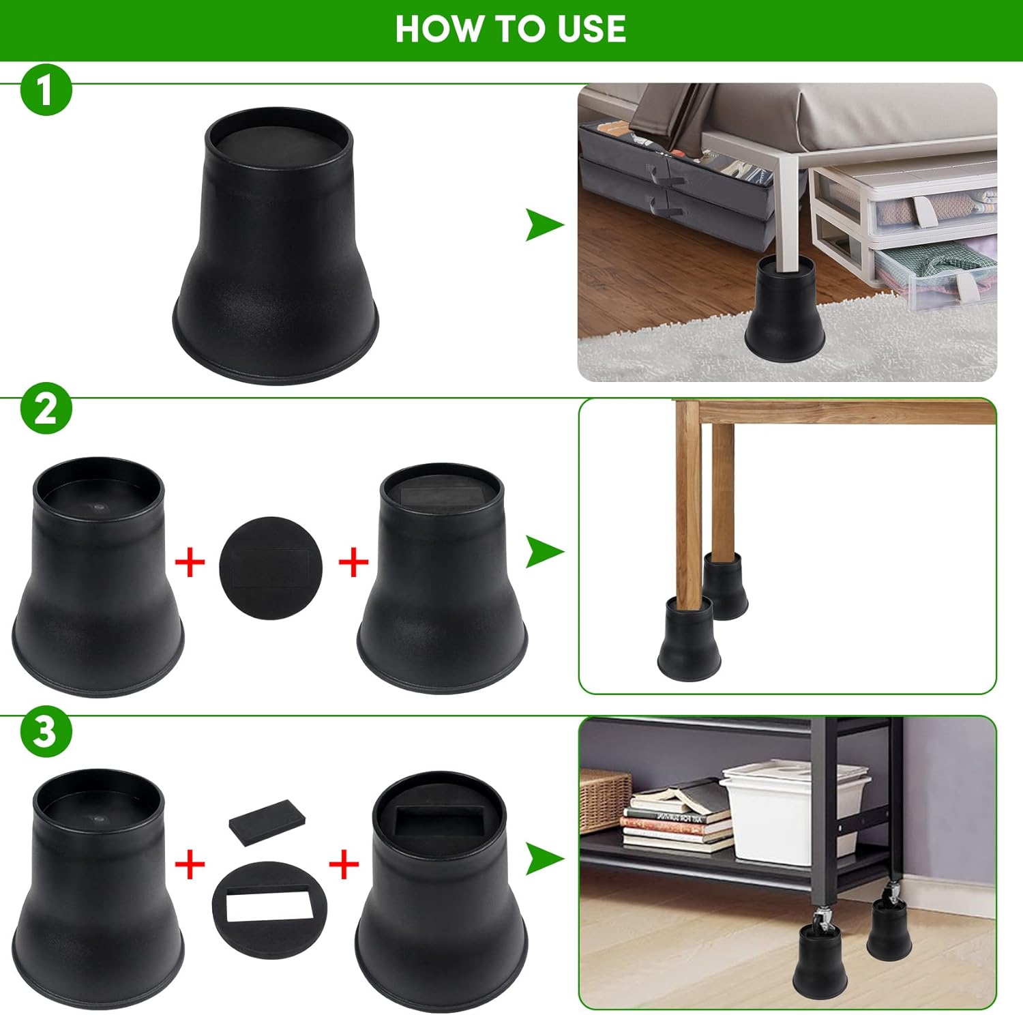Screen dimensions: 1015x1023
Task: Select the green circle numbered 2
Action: pos(45,409)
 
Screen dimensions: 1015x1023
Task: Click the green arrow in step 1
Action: pos(544,225)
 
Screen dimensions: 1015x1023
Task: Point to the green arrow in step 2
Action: pos(544,551)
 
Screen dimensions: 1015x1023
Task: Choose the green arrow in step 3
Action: pos(544,858)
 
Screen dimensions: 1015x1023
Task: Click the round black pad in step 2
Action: pos(270,568)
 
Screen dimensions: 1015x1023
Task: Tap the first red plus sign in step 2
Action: pos(190,563)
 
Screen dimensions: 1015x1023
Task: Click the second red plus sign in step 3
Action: pos(344,865)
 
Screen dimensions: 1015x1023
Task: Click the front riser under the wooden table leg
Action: pos(684,638)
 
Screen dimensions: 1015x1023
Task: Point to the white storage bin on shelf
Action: pos(795,812)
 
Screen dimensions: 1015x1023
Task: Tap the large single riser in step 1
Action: pos(277,246)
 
